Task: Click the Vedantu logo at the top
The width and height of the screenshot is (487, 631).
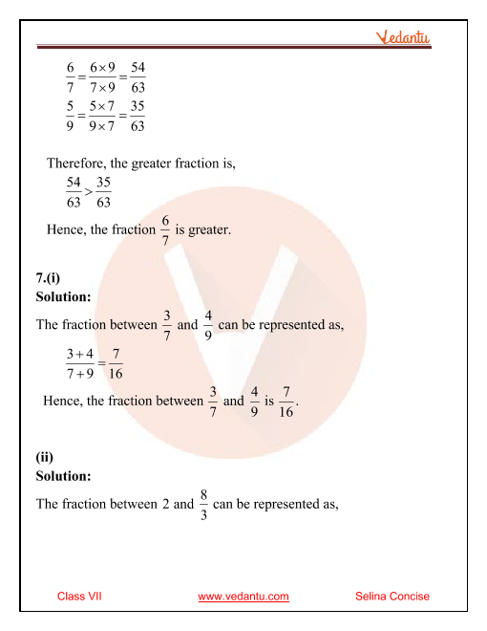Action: [402, 38]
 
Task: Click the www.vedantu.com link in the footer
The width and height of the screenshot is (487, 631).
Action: [243, 597]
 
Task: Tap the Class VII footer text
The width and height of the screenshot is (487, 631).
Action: [79, 597]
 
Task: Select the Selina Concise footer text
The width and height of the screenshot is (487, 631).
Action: [392, 597]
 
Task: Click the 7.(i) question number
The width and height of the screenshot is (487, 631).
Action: [48, 278]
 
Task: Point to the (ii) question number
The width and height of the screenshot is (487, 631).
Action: [44, 457]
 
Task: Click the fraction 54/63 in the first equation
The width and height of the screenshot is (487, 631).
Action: [138, 77]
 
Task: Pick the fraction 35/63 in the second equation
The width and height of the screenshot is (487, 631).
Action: [138, 116]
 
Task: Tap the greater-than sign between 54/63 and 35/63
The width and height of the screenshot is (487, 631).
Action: [87, 192]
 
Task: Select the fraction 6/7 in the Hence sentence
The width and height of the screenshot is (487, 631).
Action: [166, 229]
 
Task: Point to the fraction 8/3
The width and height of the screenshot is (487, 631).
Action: [204, 504]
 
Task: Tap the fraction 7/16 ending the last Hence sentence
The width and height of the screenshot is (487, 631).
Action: [286, 402]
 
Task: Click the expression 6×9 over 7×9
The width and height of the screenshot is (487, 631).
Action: [103, 77]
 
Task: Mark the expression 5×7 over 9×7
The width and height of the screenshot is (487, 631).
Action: [103, 116]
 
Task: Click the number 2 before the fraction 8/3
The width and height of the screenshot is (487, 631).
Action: [166, 504]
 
